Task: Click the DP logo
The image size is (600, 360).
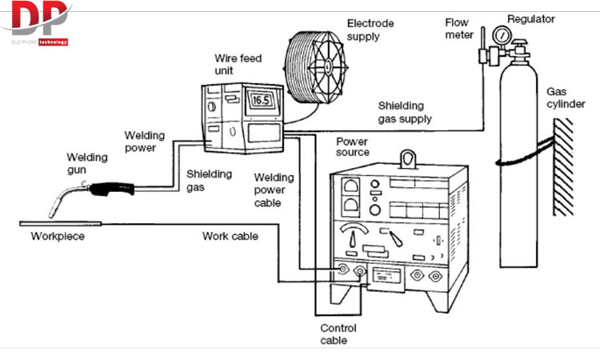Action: (37, 23)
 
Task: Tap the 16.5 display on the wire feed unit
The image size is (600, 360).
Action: (262, 100)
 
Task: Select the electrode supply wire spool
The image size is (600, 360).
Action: (316, 68)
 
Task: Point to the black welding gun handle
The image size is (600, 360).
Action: (112, 189)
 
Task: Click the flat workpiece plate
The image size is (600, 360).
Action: (61, 223)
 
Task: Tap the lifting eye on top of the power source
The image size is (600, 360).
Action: (408, 159)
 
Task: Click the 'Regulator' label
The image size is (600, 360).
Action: (530, 18)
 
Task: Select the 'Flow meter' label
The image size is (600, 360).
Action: (459, 28)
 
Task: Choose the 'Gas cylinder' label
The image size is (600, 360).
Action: (566, 98)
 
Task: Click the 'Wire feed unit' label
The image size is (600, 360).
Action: (238, 64)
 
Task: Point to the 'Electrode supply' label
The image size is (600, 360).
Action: (370, 30)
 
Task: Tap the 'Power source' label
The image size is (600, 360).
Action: (353, 147)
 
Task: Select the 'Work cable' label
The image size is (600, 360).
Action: (230, 236)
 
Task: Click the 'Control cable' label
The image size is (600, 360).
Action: (338, 334)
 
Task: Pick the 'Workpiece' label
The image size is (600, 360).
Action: (58, 236)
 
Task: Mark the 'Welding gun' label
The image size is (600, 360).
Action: (87, 163)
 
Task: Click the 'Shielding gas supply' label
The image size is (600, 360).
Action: (405, 112)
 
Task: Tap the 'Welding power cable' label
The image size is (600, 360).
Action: (274, 190)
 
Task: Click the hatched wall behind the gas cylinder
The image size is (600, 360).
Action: (563, 166)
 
